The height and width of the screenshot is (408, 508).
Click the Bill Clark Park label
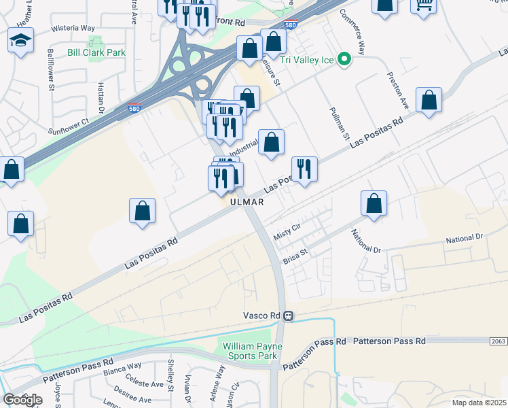click(96, 52)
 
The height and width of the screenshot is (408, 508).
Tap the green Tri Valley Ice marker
click(344, 60)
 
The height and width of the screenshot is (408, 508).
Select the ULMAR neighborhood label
click(246, 202)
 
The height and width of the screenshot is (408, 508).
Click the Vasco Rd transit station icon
click(289, 316)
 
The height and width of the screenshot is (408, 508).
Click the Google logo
click(22, 400)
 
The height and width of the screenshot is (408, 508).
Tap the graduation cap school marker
click(21, 40)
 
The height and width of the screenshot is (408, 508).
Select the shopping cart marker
click(424, 5)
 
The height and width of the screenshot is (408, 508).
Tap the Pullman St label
click(338, 123)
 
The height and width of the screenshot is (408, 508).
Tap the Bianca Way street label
click(122, 368)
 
